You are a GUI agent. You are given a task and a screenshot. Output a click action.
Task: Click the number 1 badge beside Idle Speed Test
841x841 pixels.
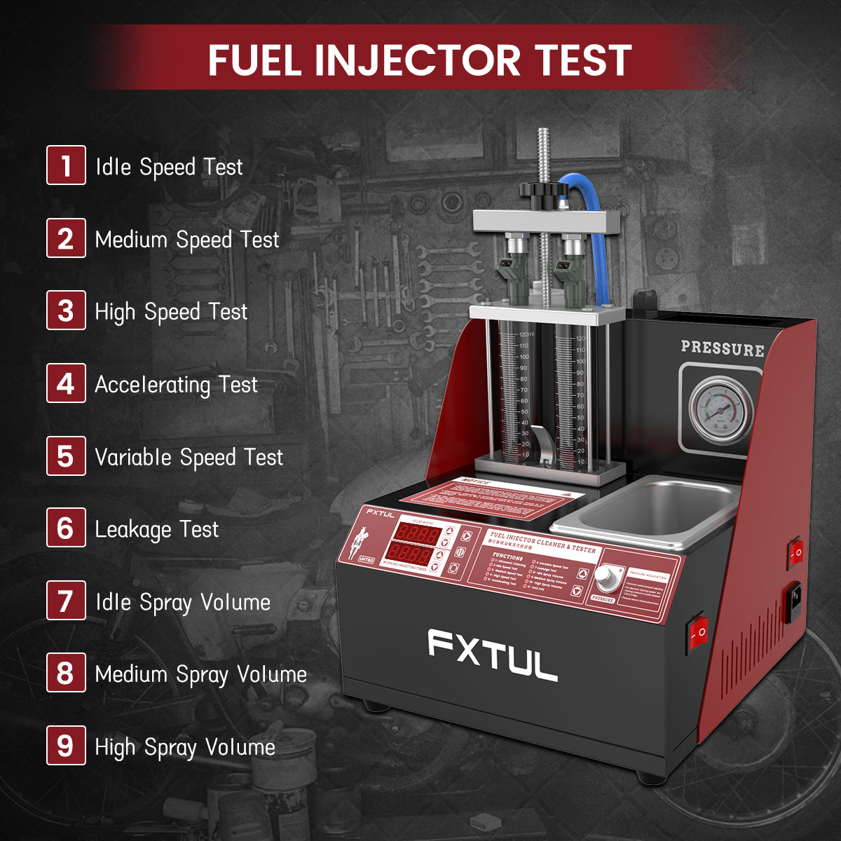(x=66, y=165)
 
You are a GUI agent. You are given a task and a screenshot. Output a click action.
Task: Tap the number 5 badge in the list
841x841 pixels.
(x=66, y=456)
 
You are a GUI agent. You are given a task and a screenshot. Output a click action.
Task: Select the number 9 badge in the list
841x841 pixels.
(x=66, y=745)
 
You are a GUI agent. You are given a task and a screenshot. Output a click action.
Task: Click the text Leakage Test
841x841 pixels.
(x=157, y=529)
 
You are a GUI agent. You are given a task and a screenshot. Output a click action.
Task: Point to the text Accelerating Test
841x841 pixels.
(x=176, y=384)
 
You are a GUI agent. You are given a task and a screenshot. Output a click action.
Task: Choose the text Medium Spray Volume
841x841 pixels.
(x=201, y=674)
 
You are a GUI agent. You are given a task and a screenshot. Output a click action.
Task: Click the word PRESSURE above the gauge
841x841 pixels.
(x=722, y=348)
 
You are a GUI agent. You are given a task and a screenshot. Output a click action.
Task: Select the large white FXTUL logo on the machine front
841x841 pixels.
(x=493, y=655)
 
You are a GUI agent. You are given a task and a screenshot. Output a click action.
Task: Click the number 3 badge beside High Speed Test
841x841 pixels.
(x=66, y=310)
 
